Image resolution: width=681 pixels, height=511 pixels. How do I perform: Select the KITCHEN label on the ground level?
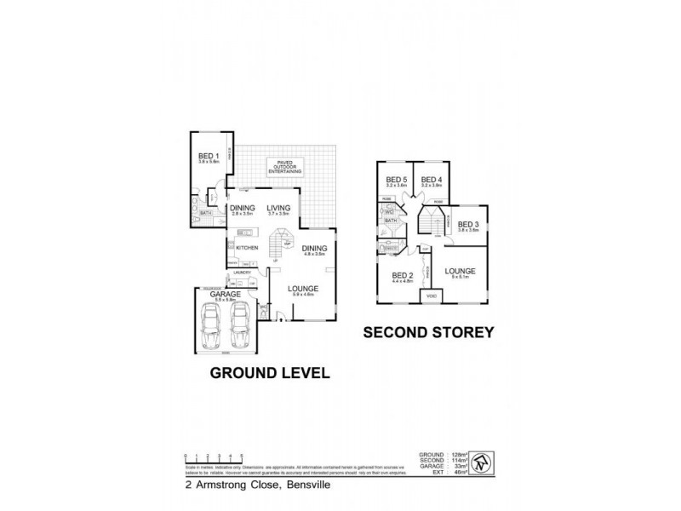[247, 248]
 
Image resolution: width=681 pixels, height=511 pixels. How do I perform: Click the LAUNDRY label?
[243, 273]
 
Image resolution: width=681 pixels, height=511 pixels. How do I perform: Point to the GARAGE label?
[226, 294]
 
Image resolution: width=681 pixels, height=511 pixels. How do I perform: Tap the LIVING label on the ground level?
[278, 208]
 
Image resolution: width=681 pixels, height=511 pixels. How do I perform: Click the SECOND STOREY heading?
[429, 333]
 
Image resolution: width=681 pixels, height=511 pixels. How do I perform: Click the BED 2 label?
[402, 276]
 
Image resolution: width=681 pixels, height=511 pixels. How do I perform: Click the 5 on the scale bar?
[243, 456]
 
